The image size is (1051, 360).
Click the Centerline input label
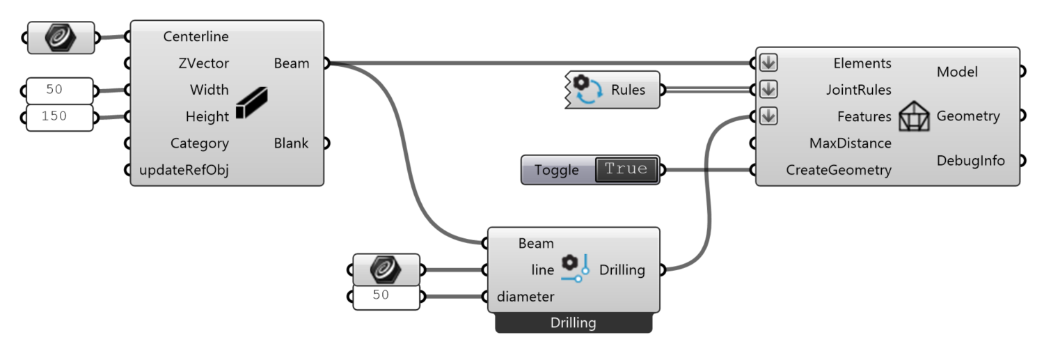pos(196,36)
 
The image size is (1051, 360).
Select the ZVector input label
pos(203,63)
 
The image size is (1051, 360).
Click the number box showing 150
pos(59,117)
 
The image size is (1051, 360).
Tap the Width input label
pos(209,90)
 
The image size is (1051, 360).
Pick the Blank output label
pos(291,143)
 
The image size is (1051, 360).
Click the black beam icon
pos(251,104)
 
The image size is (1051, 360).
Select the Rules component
pos(612,90)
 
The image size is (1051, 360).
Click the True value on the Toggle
pos(626,169)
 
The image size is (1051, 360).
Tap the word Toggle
pos(556,170)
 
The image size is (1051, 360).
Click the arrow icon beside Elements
pos(768,63)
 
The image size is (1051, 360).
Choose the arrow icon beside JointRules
pos(768,90)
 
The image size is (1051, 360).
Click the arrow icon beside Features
pos(768,116)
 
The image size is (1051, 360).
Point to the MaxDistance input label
pos(850,143)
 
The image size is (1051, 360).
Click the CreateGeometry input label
pos(839,170)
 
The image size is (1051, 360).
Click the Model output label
pos(957,72)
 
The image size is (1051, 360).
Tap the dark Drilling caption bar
pos(574,323)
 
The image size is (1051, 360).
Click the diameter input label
pos(525,297)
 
